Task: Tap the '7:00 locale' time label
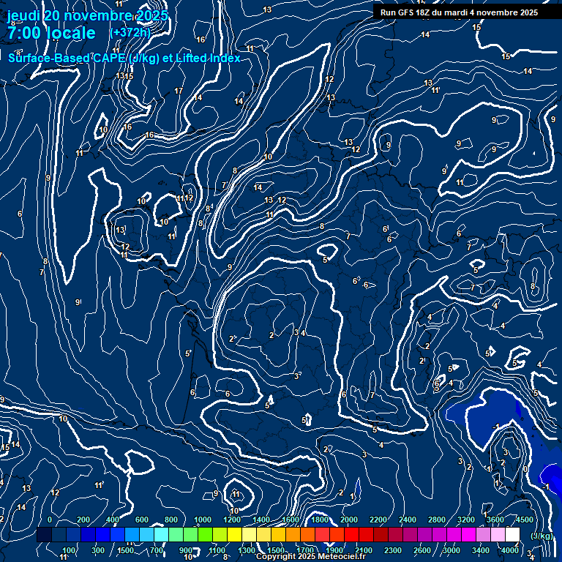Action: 51,33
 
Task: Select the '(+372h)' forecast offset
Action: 130,33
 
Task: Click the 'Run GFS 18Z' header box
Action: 459,12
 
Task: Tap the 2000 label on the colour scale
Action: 349,520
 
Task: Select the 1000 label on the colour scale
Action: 203,520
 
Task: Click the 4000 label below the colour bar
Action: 510,550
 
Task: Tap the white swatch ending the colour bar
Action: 512,535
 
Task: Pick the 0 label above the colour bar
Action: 50,520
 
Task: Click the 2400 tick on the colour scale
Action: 408,520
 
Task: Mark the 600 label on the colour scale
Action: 142,520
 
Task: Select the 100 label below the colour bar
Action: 69,550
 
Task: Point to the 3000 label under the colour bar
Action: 452,550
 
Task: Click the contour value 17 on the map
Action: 179,91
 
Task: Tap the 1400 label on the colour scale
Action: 261,520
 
